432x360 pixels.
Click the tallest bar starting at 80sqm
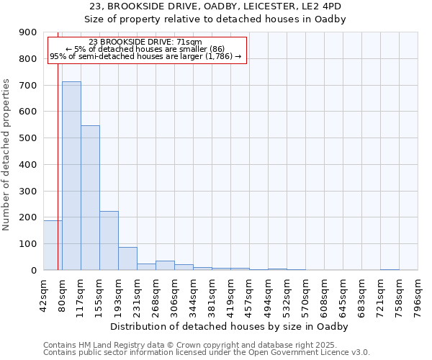[71, 176]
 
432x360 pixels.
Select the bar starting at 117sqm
[90, 198]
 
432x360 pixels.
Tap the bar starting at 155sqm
[109, 240]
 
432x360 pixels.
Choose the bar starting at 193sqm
[127, 258]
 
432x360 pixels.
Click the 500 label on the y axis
[28, 138]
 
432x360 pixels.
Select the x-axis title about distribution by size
[230, 327]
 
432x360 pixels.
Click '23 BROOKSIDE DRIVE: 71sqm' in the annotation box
[146, 42]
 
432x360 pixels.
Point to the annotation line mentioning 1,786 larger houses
[146, 56]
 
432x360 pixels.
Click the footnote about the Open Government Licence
[207, 353]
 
